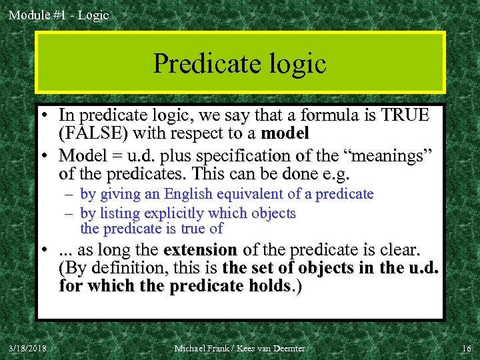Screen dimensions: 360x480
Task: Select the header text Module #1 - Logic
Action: pos(59,15)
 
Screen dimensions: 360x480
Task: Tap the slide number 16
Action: pos(465,348)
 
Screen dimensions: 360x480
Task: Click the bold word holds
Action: pos(272,287)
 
